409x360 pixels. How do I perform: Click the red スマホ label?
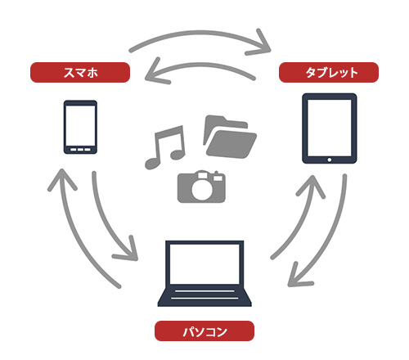pyautogui.click(x=80, y=72)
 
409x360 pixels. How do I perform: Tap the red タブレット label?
pyautogui.click(x=329, y=72)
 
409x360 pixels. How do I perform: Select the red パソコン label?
pyautogui.click(x=204, y=331)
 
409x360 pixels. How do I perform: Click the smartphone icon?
pyautogui.click(x=80, y=127)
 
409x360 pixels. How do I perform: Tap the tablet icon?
pyautogui.click(x=330, y=128)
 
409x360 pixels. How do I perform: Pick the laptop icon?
pyautogui.click(x=204, y=273)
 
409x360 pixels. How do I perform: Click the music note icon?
pyautogui.click(x=165, y=147)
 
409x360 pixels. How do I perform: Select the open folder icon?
pyautogui.click(x=230, y=137)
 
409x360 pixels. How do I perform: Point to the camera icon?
pyautogui.click(x=201, y=187)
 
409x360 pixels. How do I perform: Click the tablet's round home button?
pyautogui.click(x=330, y=160)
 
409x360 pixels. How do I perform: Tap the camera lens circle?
pyautogui.click(x=202, y=188)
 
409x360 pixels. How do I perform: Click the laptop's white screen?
pyautogui.click(x=204, y=264)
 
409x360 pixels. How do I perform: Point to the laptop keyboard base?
pyautogui.click(x=204, y=296)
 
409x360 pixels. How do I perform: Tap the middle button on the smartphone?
pyautogui.click(x=80, y=150)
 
